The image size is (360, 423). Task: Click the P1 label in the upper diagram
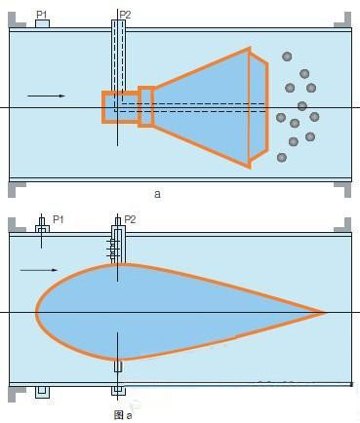point(41,15)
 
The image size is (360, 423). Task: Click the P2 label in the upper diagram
point(125,15)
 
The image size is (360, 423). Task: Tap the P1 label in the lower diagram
point(59,219)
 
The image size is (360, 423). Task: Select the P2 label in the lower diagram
point(130,219)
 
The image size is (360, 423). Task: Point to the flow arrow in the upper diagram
point(46,96)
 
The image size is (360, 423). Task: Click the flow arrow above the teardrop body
point(39,270)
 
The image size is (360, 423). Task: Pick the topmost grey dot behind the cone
point(287,57)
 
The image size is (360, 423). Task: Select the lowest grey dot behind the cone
point(282,158)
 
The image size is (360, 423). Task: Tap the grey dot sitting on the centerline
point(302,106)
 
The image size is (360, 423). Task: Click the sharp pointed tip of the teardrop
point(326,313)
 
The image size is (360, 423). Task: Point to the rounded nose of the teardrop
point(36,312)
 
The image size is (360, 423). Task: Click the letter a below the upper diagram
point(157,194)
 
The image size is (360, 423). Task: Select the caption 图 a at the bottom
point(123,415)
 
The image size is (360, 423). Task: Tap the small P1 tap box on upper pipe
point(42,23)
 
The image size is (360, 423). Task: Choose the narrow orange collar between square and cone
point(146,106)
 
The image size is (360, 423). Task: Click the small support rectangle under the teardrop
point(118,365)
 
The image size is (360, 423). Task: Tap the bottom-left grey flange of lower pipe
point(16,394)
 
